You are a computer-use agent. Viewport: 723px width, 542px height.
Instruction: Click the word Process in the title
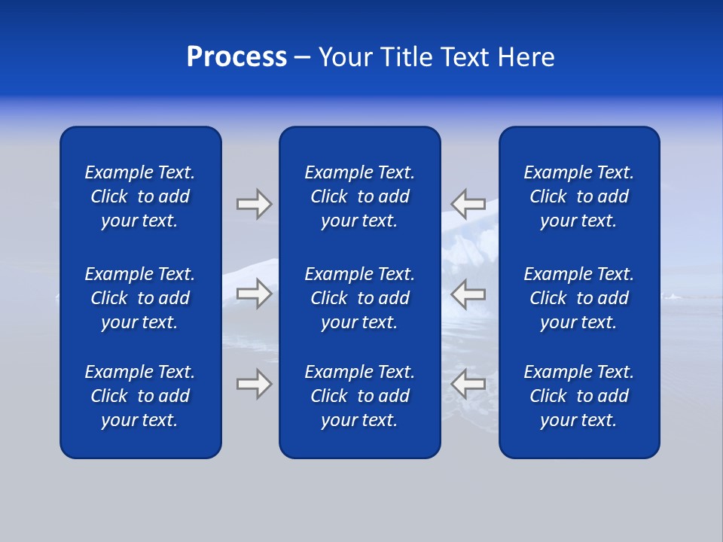pos(236,57)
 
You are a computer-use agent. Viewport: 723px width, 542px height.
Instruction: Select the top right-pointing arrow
pos(254,203)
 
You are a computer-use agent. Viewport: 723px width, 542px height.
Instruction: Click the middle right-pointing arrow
pos(254,293)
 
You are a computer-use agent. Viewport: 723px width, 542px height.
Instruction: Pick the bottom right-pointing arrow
pos(254,384)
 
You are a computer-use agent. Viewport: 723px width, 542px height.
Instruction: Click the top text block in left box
pos(140,196)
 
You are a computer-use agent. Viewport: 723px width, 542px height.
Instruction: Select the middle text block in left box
pos(140,298)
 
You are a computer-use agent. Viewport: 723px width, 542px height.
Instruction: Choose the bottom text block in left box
pos(140,396)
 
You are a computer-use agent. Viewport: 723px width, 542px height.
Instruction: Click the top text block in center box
pos(359,196)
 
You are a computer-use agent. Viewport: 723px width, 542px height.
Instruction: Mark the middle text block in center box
pos(359,298)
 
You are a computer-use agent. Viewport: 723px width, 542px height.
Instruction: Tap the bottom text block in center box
pos(359,396)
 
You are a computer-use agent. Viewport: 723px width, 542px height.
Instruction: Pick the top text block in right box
pos(578,196)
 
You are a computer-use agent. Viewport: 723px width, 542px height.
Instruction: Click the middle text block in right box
pos(578,298)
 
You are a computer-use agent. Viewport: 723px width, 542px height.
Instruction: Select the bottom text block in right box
pos(578,396)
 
